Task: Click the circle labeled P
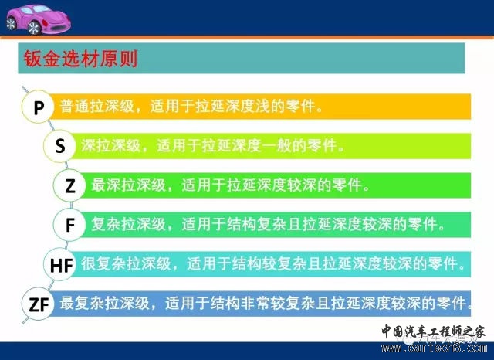tap(38, 107)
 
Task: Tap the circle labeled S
tap(59, 146)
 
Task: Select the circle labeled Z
tap(69, 185)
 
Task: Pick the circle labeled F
tap(69, 225)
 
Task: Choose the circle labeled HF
tap(60, 264)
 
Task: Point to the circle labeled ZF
tap(38, 304)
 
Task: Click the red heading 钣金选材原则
tap(80, 59)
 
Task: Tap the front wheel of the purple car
tap(34, 28)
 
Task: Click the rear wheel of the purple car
tap(11, 23)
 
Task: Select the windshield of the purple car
tap(37, 9)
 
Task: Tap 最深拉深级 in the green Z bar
tap(129, 185)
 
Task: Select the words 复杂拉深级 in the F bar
tap(129, 225)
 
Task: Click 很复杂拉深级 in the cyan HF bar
tap(126, 263)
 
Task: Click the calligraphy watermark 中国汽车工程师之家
tap(434, 331)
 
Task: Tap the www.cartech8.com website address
tap(434, 348)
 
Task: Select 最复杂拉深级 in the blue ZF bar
tap(105, 304)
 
